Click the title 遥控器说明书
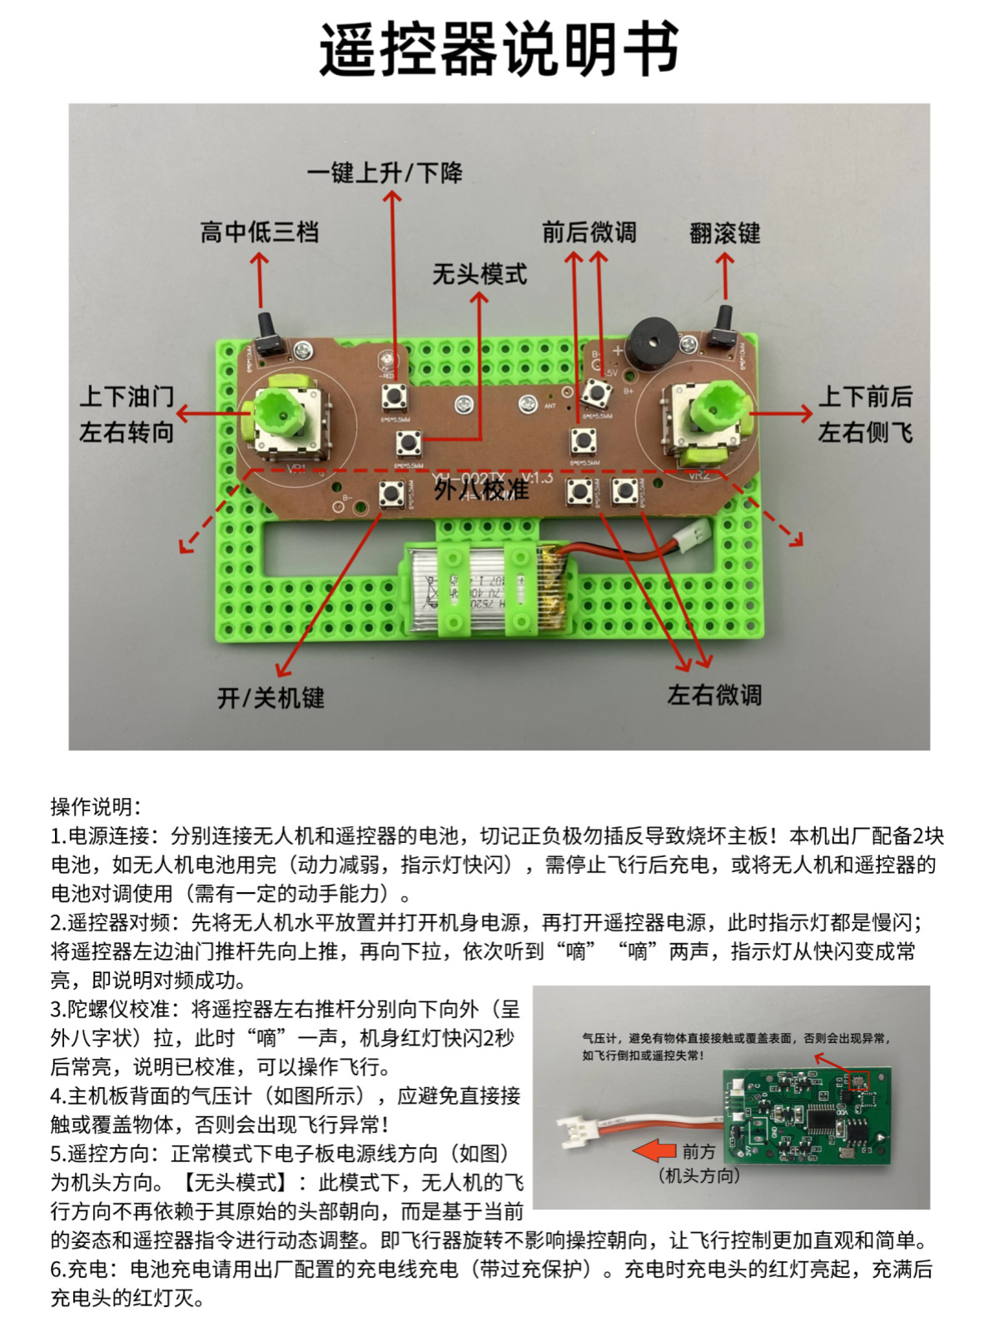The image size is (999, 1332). (x=499, y=50)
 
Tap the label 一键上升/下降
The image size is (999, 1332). (x=385, y=173)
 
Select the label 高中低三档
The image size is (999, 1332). (x=259, y=232)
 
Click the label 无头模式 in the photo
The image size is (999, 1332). (x=480, y=274)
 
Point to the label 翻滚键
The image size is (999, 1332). (x=725, y=233)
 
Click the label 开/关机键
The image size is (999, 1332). (x=271, y=697)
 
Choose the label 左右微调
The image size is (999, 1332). (x=714, y=695)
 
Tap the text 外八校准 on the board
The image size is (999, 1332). (x=481, y=489)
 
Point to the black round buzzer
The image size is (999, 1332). (x=652, y=344)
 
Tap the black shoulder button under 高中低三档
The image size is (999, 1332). (x=267, y=337)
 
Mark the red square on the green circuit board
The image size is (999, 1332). (x=858, y=1081)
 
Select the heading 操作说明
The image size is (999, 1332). (x=96, y=806)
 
